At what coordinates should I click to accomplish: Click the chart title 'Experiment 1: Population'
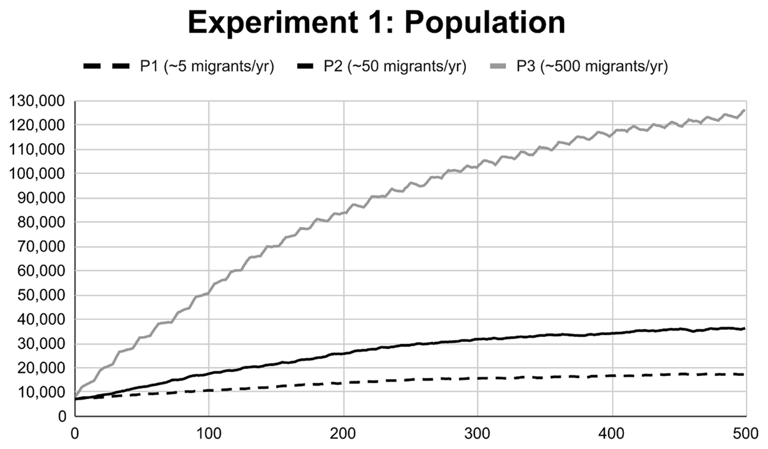(x=376, y=24)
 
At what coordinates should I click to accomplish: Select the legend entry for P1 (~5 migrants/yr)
(x=180, y=67)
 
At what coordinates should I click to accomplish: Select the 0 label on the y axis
(x=62, y=416)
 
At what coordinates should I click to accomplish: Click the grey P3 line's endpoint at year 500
(x=744, y=110)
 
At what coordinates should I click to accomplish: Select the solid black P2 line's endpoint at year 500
(x=744, y=329)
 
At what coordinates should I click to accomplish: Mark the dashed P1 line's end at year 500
(x=744, y=374)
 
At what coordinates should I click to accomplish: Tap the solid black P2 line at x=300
(x=478, y=339)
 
